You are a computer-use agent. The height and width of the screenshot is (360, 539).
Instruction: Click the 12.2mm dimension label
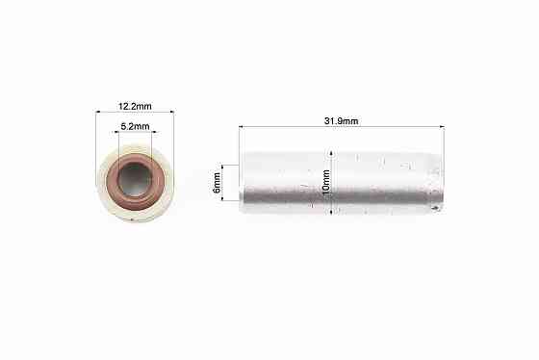135,106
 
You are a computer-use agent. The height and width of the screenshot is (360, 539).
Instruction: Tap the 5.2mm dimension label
135,126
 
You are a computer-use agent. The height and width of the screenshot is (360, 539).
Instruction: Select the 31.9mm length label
341,121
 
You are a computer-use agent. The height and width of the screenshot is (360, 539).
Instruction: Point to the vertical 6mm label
217,183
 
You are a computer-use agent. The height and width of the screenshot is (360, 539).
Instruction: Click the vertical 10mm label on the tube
326,183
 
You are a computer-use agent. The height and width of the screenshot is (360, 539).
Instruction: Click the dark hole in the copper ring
135,179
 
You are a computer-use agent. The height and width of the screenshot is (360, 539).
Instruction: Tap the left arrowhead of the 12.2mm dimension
98,112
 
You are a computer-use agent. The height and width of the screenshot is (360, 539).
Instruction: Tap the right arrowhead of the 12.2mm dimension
172,112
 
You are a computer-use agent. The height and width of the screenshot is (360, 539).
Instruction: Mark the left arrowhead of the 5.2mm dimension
116,131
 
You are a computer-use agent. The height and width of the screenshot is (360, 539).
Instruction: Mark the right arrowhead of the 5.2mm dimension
154,131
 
